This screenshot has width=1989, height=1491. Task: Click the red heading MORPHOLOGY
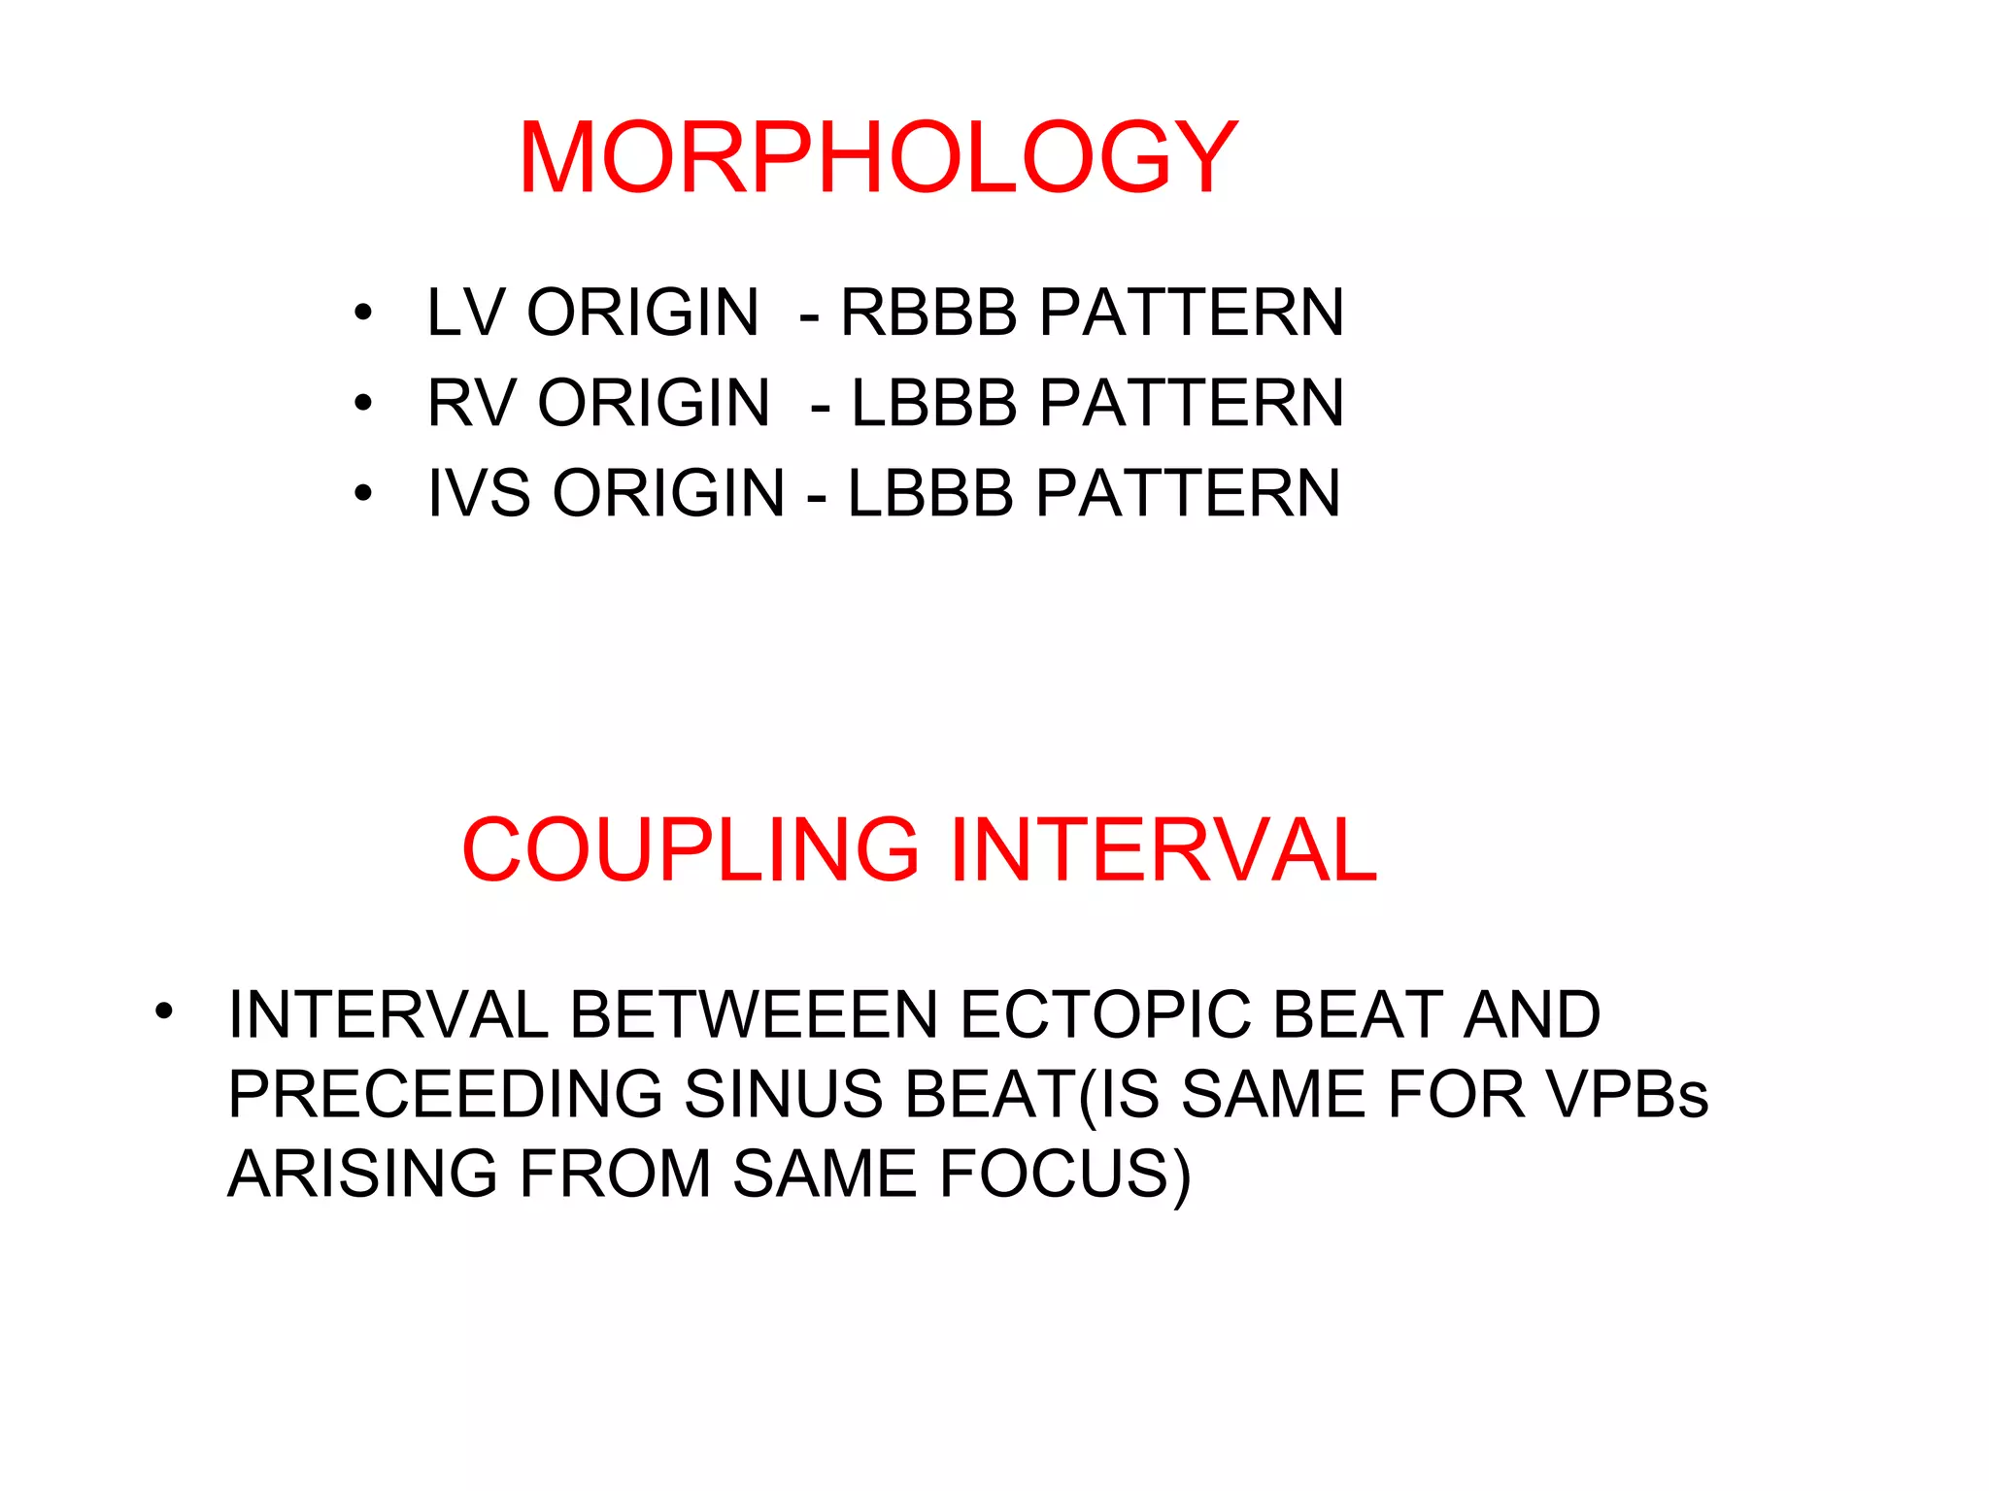click(x=878, y=158)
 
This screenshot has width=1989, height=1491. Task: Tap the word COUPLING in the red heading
click(x=691, y=849)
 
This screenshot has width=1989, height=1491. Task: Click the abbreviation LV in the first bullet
click(x=465, y=313)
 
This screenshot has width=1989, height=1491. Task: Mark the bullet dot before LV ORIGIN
click(x=363, y=314)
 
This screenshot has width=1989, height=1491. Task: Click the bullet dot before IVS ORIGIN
click(x=363, y=494)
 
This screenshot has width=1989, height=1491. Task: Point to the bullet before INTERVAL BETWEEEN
click(x=163, y=1011)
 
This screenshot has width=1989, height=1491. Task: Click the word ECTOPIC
click(x=1104, y=1015)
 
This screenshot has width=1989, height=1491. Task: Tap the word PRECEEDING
click(x=446, y=1095)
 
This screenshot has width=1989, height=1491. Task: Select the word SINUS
click(x=783, y=1095)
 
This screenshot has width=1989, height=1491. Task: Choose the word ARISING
click(x=362, y=1175)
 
